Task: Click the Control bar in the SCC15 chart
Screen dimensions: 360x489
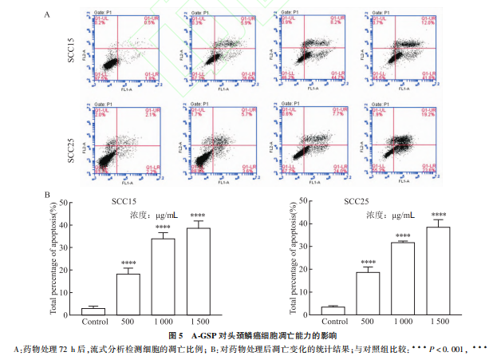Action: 93,311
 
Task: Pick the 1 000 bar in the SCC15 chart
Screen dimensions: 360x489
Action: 164,276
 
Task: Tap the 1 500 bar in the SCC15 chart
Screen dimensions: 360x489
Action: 199,271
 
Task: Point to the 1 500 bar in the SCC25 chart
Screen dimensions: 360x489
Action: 438,271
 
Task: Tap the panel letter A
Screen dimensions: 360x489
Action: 48,14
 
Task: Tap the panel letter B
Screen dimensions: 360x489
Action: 48,194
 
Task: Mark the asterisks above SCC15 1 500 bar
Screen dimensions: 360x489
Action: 199,215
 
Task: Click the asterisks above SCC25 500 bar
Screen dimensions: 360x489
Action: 369,263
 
